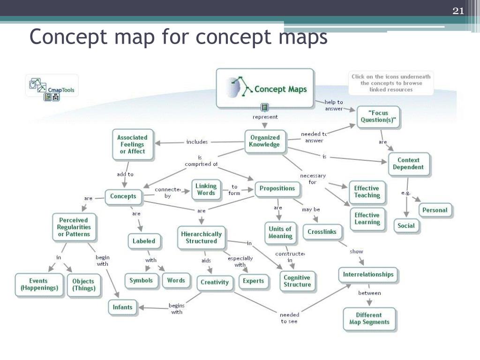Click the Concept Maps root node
pos(265,88)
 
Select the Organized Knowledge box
pos(265,141)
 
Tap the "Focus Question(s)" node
pos(379,116)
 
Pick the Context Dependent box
pos(408,164)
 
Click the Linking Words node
pos(206,189)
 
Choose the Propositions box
pos(277,188)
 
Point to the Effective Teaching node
pos(367,192)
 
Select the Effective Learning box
pos(367,219)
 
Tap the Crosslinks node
pos(322,232)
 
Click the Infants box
pos(123,307)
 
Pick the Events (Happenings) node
pos(39,285)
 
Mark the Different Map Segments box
pos(369,319)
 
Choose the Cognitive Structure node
pos(297,281)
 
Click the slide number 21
pos(458,11)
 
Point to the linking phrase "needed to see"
pos(289,318)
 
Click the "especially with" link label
pos(240,262)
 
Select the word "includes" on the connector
pos(197,142)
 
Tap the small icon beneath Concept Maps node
pos(265,107)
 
